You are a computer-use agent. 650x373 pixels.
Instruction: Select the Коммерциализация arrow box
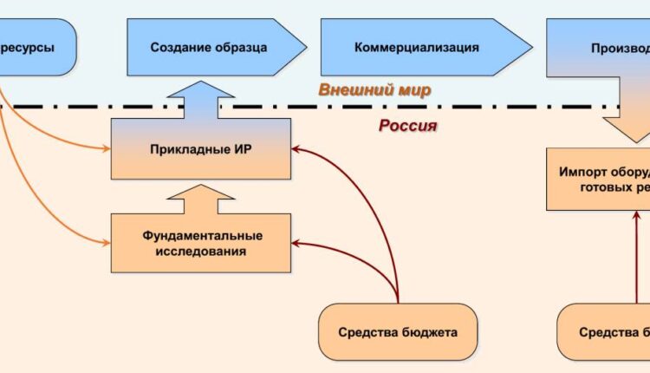(x=416, y=47)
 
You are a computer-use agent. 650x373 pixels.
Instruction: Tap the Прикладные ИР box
(x=201, y=149)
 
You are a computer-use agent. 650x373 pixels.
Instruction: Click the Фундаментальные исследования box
(x=201, y=243)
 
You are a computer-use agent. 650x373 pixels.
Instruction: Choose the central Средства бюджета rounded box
(x=398, y=331)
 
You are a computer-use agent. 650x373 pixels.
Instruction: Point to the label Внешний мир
(x=374, y=90)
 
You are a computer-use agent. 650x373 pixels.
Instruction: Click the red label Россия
(x=407, y=126)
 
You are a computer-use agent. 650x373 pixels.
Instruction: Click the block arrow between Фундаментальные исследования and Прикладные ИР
(x=201, y=197)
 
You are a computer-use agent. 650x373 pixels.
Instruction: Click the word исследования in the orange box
(x=201, y=252)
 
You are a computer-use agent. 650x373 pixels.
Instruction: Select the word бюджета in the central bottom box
(x=429, y=331)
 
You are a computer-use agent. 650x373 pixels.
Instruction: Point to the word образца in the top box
(x=238, y=47)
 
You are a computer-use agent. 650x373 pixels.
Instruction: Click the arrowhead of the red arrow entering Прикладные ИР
(x=296, y=149)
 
